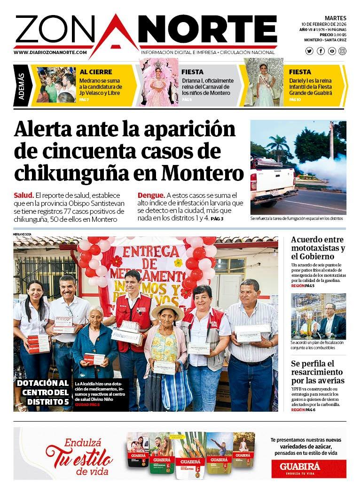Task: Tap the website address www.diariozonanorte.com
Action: (x=50, y=53)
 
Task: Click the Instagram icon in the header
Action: (x=342, y=51)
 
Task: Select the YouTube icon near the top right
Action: (x=332, y=51)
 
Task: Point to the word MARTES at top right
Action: (x=335, y=18)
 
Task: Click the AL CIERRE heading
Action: (x=96, y=72)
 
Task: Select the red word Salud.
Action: (x=23, y=195)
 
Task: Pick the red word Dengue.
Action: (x=151, y=195)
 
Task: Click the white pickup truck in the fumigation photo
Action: (x=271, y=181)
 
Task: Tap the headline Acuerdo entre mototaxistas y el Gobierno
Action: (x=318, y=248)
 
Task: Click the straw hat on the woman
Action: (x=168, y=311)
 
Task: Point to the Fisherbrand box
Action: (x=127, y=336)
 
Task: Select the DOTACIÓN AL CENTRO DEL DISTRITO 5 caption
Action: (x=43, y=392)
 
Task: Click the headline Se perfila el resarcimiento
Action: (x=318, y=372)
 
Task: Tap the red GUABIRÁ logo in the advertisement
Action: (x=308, y=468)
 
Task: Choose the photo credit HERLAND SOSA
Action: (x=22, y=234)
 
